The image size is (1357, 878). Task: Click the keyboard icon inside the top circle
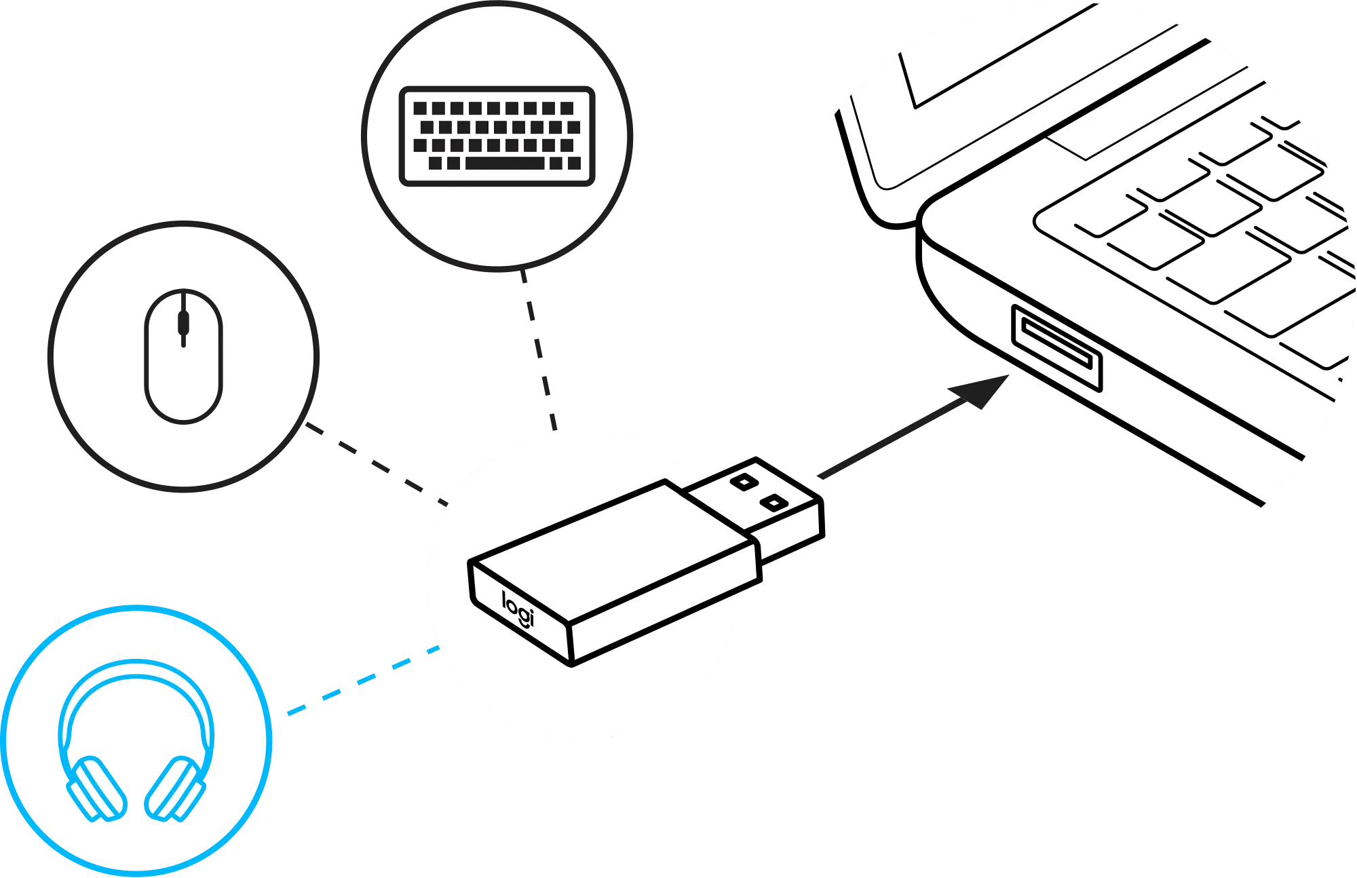[497, 136]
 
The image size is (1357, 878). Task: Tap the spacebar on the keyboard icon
[505, 163]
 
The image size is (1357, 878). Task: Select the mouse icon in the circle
[183, 356]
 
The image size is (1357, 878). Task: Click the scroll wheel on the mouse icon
[183, 322]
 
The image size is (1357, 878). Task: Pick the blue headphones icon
[136, 740]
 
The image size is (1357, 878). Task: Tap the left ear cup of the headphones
[97, 788]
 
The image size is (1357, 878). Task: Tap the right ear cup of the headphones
[174, 788]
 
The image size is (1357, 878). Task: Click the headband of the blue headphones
[136, 668]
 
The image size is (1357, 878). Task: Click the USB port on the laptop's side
[1056, 347]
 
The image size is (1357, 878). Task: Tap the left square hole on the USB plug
[744, 482]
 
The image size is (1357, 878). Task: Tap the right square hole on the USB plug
[774, 503]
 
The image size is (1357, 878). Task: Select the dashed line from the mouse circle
[377, 464]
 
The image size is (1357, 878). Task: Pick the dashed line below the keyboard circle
[539, 350]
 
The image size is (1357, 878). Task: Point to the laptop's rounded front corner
[926, 224]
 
